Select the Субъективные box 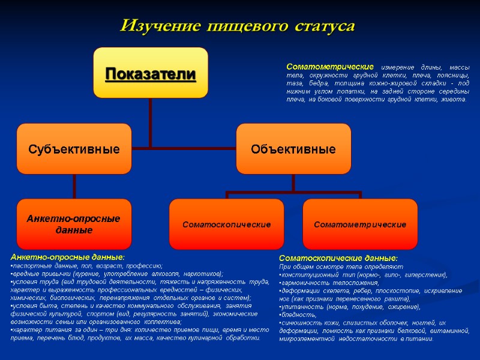pyautogui.click(x=74, y=148)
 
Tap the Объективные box pyautogui.click(x=293, y=148)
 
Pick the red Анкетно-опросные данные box pyautogui.click(x=74, y=224)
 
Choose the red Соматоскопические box pyautogui.click(x=226, y=224)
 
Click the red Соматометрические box pyautogui.click(x=360, y=224)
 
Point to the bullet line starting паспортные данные pyautogui.click(x=87, y=265)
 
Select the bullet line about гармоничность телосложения pyautogui.click(x=336, y=283)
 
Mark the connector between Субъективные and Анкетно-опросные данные pyautogui.click(x=74, y=186)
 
